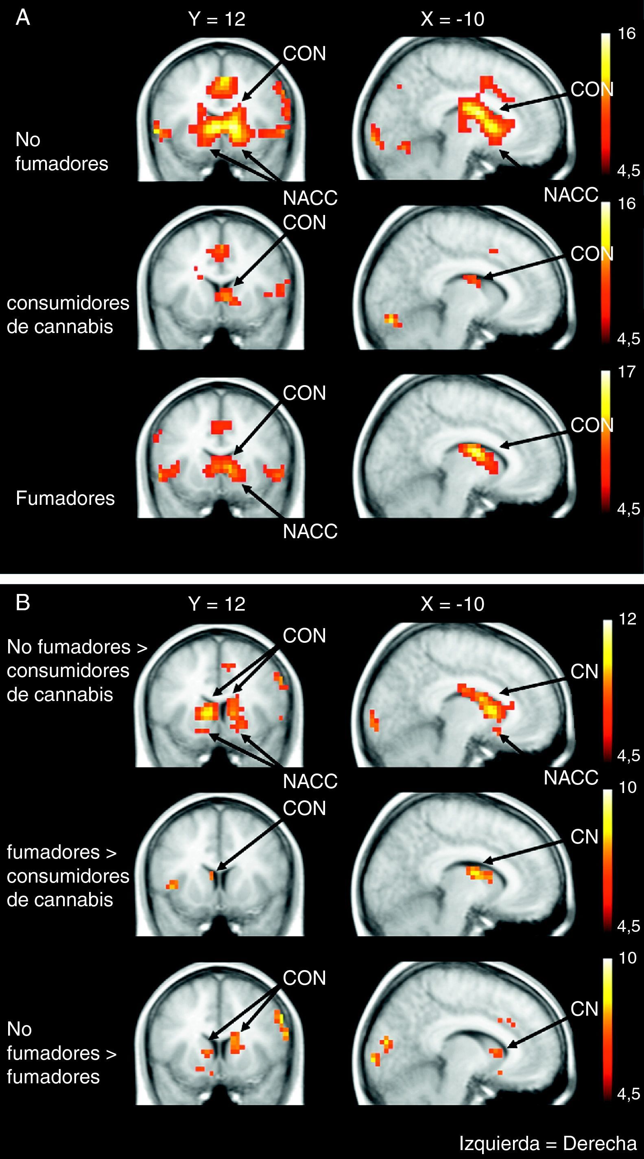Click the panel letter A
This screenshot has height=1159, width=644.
point(22,18)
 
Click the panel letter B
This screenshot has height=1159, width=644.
point(22,603)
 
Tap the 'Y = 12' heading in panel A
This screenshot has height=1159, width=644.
point(217,19)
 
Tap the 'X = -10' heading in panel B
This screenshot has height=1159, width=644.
point(452,604)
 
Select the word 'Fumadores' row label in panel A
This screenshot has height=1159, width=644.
point(65,498)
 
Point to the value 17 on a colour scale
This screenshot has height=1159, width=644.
point(627,372)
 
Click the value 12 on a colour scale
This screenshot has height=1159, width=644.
point(627,619)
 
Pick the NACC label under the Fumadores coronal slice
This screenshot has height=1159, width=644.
point(310,531)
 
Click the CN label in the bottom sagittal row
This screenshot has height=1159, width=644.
point(584,1009)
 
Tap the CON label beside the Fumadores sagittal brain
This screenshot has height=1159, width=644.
point(592,425)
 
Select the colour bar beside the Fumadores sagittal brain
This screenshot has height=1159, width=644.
point(606,441)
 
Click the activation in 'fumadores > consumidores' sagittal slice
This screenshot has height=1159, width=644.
point(479,873)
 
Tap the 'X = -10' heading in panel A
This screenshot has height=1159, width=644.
point(452,19)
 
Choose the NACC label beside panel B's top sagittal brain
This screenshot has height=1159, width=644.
point(571,778)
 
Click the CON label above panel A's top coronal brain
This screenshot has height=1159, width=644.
point(304,54)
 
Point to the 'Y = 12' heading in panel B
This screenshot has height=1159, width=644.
point(217,604)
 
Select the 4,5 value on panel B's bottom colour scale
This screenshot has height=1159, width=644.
point(628,1094)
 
